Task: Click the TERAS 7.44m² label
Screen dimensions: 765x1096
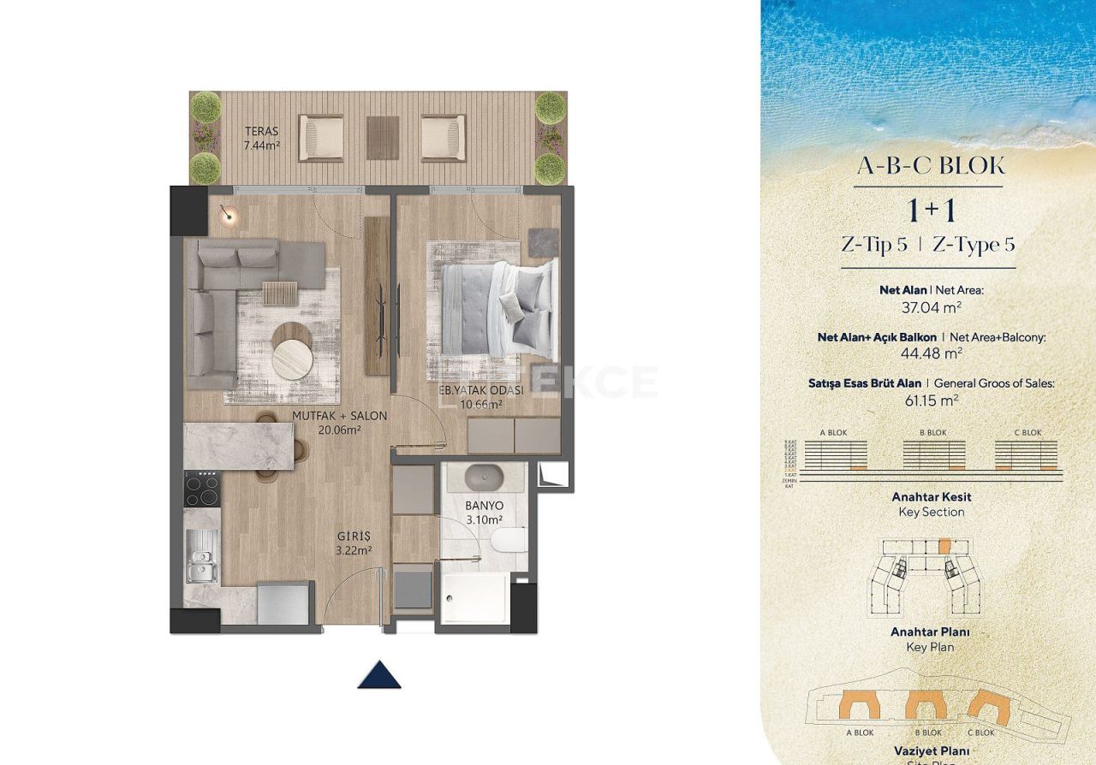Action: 263,139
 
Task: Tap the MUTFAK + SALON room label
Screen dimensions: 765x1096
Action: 339,423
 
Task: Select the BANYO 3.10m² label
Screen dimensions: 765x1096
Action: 484,513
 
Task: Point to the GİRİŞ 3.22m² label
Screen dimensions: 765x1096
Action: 354,544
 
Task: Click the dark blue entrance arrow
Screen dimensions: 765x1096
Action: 379,674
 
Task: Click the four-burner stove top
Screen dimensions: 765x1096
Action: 202,489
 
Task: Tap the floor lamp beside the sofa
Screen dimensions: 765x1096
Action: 228,216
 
